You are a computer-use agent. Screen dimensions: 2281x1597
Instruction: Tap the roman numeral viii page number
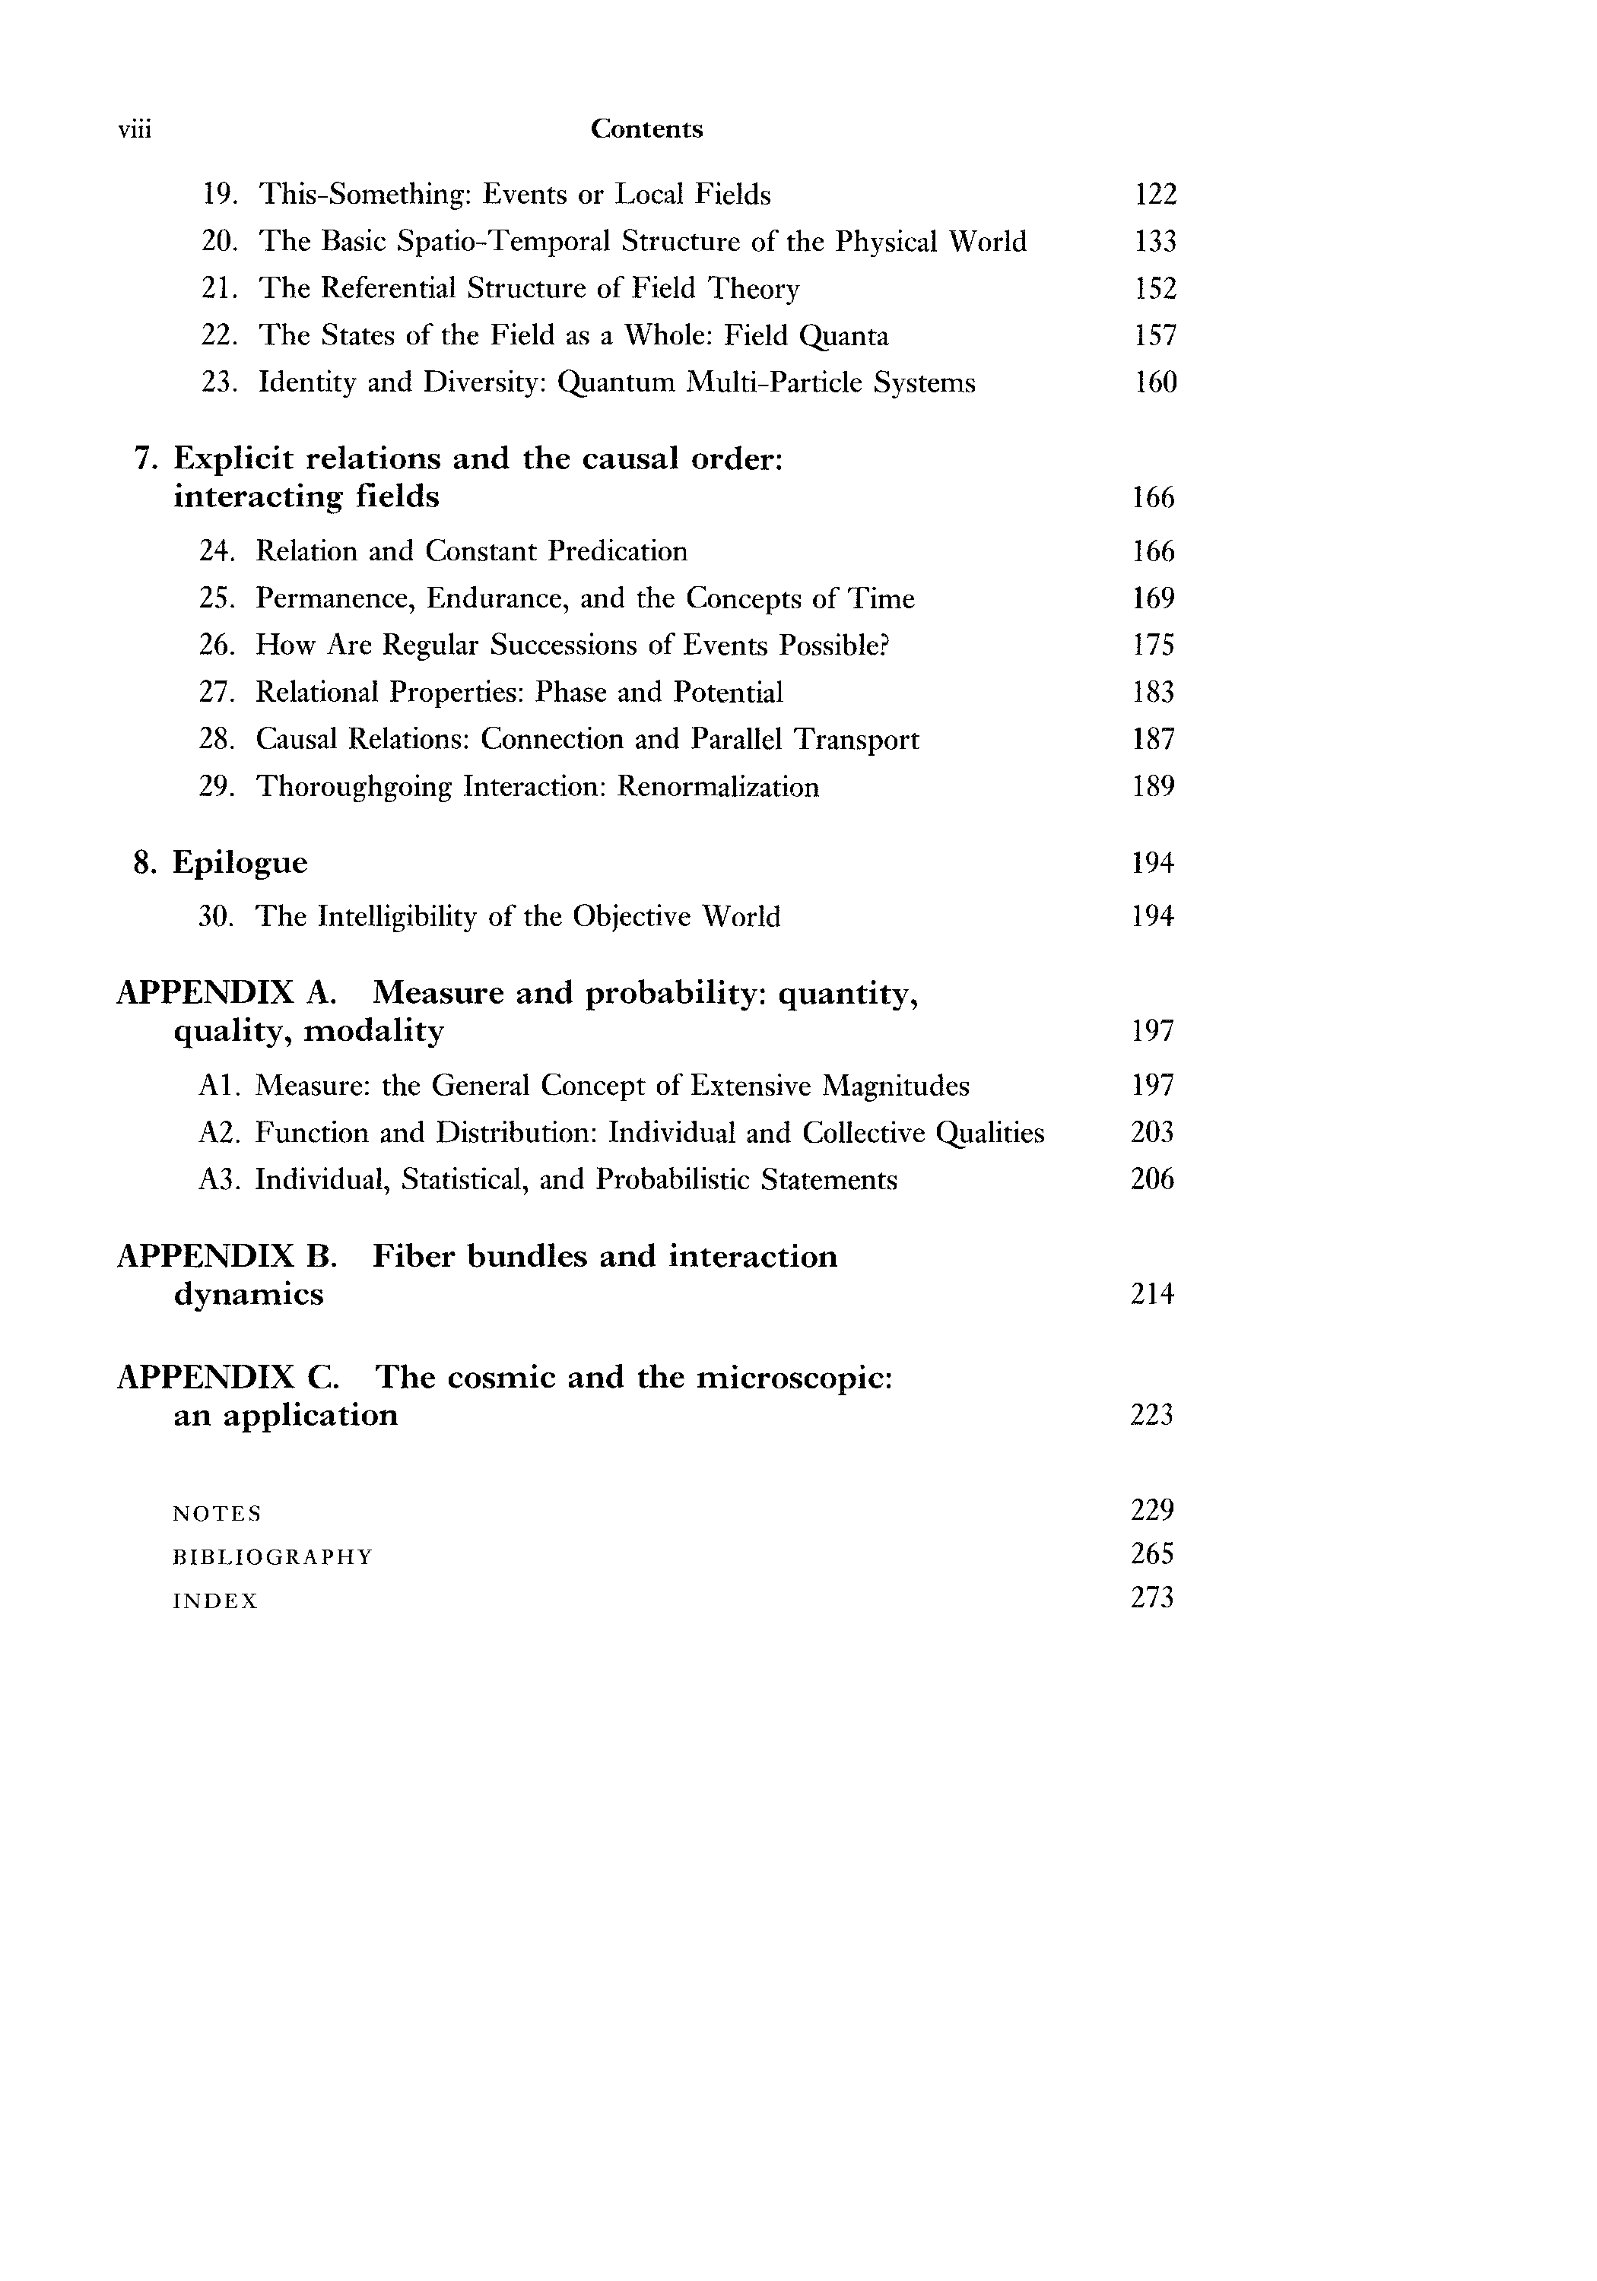[x=134, y=130]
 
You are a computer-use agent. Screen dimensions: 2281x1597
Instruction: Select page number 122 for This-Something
[x=1154, y=194]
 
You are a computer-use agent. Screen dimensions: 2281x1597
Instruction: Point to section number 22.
[x=217, y=336]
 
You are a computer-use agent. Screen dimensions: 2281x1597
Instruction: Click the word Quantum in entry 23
[x=616, y=383]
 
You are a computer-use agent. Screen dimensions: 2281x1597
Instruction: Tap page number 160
[x=1154, y=382]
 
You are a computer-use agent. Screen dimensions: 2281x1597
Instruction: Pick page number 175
[x=1153, y=646]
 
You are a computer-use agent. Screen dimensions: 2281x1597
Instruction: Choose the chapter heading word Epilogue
[x=240, y=862]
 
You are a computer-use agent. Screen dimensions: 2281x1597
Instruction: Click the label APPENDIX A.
[x=227, y=992]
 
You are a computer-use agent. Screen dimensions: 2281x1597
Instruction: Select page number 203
[x=1152, y=1133]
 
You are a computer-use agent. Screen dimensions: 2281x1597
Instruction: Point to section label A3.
[x=218, y=1180]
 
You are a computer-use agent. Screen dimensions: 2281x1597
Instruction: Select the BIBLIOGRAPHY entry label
[x=272, y=1556]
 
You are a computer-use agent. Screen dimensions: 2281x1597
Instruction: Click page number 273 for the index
[x=1152, y=1597]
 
